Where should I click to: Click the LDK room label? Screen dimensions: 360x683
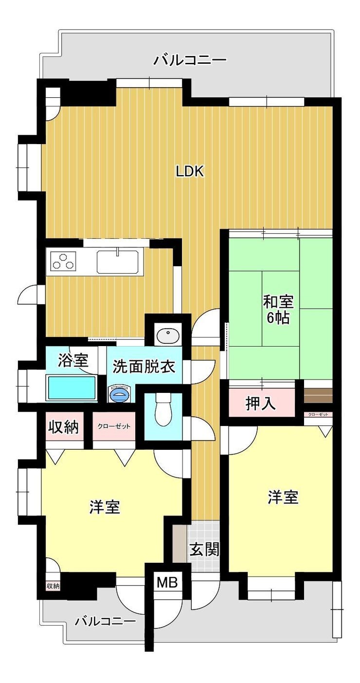point(189,172)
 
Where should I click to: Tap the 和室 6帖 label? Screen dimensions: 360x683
point(278,310)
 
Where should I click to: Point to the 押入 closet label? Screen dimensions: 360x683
point(261,404)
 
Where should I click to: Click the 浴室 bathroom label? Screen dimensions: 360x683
point(73,360)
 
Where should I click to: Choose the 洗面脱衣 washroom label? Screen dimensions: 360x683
point(144,367)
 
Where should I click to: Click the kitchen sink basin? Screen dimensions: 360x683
point(118,261)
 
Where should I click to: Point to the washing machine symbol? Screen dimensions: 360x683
point(120,394)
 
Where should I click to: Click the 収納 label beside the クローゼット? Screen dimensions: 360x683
point(64,427)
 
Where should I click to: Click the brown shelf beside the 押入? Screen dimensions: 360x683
point(318,395)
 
